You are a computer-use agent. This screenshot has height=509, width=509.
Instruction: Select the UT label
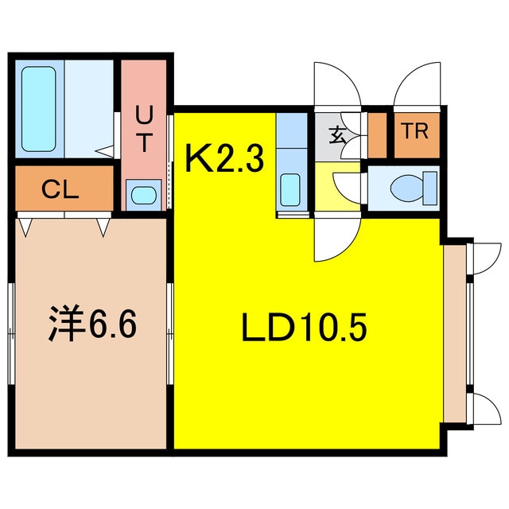(144, 130)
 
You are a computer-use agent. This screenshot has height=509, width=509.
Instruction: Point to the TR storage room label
(414, 132)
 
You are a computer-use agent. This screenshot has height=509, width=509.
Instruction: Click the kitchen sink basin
(291, 189)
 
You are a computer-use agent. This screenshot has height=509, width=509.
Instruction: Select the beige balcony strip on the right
(456, 334)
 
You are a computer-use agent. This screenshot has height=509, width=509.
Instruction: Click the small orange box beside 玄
(377, 135)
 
